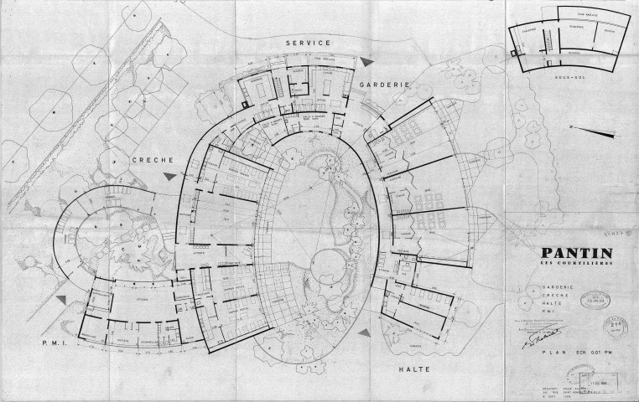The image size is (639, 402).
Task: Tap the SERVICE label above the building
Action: [x=308, y=42]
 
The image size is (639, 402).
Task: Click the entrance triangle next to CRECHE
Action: [x=170, y=174]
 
